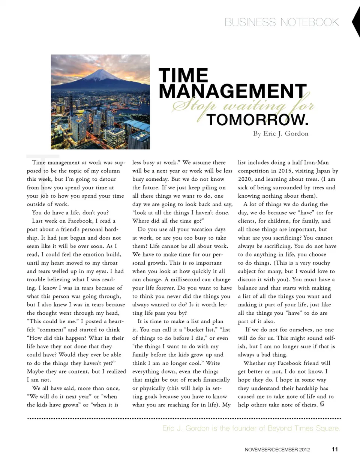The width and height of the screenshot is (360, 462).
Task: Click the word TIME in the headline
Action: point(183,75)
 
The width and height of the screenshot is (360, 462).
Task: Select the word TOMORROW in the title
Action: point(257,120)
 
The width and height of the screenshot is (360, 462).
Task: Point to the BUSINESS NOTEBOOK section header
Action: point(282,22)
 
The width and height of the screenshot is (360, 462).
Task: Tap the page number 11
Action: point(335,449)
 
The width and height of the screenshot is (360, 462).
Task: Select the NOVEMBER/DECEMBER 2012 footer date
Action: point(277,450)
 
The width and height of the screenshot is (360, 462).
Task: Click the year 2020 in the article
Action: point(246,179)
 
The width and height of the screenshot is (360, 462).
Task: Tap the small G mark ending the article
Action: point(322,404)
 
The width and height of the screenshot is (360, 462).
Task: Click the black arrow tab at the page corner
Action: point(356,22)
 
